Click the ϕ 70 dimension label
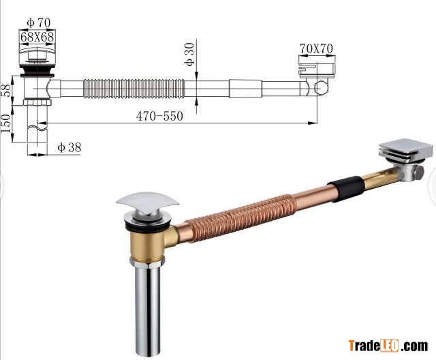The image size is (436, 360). tap(39, 22)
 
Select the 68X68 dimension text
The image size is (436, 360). tap(37, 37)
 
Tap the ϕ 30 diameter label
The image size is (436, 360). tap(189, 54)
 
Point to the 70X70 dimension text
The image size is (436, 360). tap(316, 48)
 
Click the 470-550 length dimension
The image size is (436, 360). tap(159, 116)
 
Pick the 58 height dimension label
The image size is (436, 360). tap(6, 90)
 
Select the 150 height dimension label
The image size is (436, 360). tap(6, 123)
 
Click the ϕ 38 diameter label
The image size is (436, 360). tap(69, 147)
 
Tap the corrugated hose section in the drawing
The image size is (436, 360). tap(134, 89)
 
